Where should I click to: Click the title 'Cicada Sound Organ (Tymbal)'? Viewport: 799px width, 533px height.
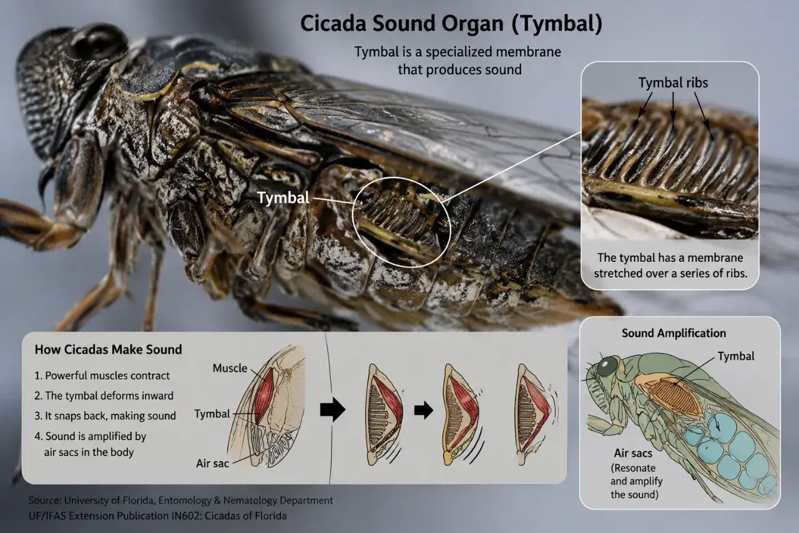click(x=451, y=24)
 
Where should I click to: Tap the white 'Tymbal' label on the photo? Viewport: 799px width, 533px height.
click(x=283, y=198)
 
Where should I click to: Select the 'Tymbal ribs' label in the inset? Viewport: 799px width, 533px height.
click(x=673, y=83)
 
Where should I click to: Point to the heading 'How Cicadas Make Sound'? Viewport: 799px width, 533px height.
click(x=108, y=349)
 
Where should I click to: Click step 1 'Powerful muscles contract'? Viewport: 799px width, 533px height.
click(x=102, y=376)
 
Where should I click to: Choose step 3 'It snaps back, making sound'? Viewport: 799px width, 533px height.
click(x=105, y=416)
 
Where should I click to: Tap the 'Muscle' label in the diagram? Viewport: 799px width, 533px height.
click(x=230, y=368)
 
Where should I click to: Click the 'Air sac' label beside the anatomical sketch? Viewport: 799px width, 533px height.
click(x=212, y=464)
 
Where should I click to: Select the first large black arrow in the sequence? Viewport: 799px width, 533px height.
click(x=332, y=409)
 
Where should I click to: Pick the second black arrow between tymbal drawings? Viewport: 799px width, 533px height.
click(x=423, y=410)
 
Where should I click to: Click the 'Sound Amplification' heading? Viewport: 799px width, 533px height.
click(x=674, y=333)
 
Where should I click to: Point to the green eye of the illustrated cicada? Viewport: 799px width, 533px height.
click(x=607, y=367)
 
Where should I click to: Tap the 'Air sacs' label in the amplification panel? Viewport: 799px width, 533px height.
click(x=633, y=453)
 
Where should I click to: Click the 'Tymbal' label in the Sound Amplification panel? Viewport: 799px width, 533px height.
click(x=736, y=356)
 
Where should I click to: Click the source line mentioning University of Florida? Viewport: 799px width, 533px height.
click(x=180, y=501)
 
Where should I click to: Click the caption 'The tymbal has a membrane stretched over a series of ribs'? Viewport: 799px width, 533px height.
click(x=670, y=266)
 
